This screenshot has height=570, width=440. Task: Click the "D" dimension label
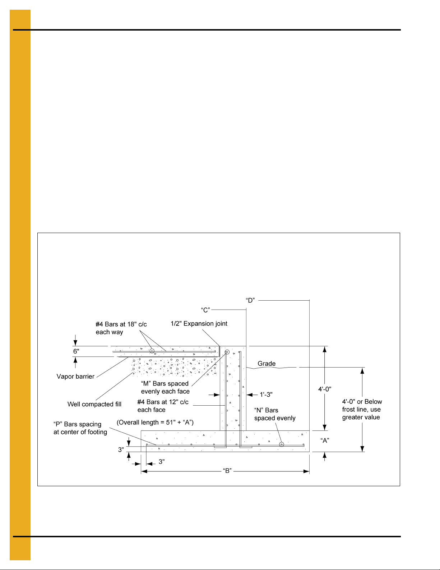pos(250,300)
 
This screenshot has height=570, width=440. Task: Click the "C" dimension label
pos(205,309)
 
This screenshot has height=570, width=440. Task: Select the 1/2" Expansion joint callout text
pos(199,324)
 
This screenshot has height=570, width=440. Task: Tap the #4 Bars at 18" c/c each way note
pos(121,328)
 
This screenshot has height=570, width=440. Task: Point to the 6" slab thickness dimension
pos(76,351)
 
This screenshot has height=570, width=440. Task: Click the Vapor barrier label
pos(75,377)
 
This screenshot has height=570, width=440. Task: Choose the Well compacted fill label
pos(94,404)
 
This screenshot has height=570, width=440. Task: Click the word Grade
pos(267,364)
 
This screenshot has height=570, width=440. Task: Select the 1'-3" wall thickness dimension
pos(266,395)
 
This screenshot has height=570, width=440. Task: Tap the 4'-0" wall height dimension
pos(325,389)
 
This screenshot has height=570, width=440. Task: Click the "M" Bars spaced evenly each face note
pos(165,388)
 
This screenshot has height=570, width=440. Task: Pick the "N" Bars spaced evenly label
pos(275,414)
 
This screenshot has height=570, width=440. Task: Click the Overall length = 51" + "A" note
pos(155,422)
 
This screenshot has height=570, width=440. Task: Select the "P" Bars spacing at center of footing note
pos(80,428)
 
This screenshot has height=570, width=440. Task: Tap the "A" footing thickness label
pos(325,441)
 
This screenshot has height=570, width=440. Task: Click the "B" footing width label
pos(227,471)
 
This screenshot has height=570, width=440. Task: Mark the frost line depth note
pos(362,410)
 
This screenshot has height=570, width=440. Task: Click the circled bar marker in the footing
pos(282,444)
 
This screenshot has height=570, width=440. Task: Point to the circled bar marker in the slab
pos(152,351)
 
